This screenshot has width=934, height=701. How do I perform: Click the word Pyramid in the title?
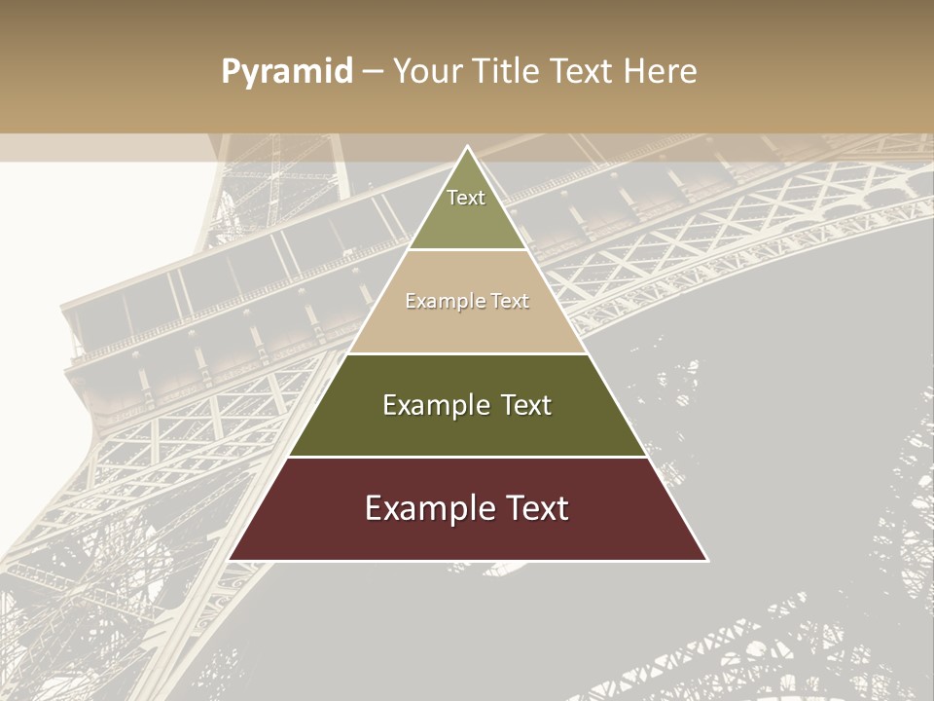click(286, 72)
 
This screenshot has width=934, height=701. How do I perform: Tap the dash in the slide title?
click(373, 72)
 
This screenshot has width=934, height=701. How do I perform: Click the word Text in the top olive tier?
click(466, 198)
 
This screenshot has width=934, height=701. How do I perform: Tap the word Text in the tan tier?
click(509, 302)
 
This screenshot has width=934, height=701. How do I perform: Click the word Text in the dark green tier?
click(525, 405)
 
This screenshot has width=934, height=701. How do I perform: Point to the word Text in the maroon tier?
click(535, 508)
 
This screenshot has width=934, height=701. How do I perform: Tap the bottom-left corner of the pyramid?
click(231, 560)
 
